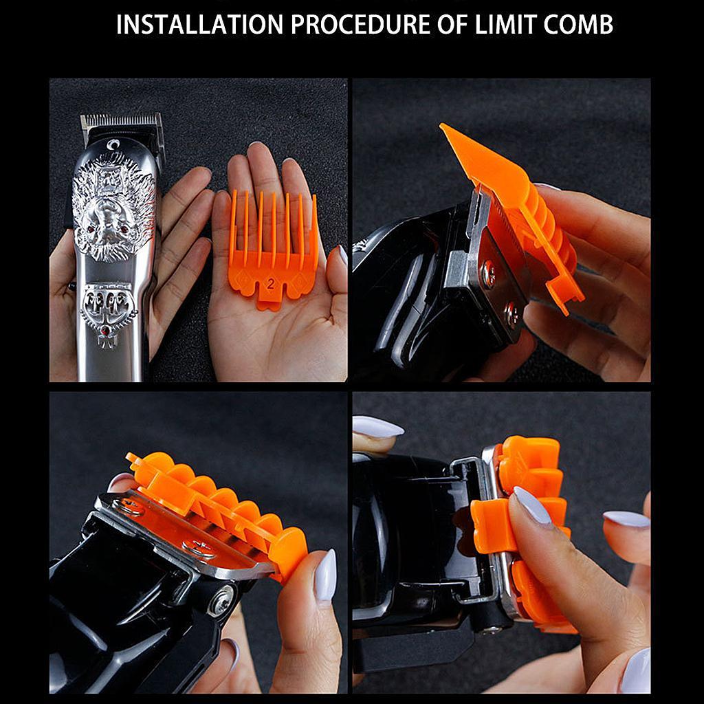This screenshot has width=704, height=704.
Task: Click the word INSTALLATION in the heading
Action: pos(199,25)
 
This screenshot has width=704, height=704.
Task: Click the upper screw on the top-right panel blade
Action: pos(487,274)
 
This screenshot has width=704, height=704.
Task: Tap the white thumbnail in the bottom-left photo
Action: pos(324,574)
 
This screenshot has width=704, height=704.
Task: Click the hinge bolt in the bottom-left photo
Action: pos(221,599)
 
